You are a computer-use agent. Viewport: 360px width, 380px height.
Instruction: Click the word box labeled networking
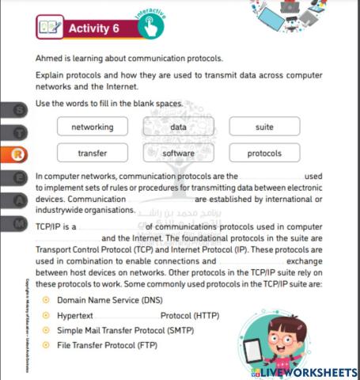(93, 127)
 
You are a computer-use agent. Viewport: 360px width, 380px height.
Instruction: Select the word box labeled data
(179, 127)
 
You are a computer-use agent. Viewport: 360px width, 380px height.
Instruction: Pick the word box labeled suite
(264, 127)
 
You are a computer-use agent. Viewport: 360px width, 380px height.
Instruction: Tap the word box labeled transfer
(93, 153)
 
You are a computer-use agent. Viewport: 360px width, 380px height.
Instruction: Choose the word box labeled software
(179, 153)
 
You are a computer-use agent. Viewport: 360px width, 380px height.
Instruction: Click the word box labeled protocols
(264, 153)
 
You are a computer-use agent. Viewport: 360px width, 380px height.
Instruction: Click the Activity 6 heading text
(94, 28)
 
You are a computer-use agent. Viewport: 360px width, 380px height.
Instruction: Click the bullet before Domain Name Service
(46, 300)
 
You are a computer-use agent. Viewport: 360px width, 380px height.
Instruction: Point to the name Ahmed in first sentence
(49, 59)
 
